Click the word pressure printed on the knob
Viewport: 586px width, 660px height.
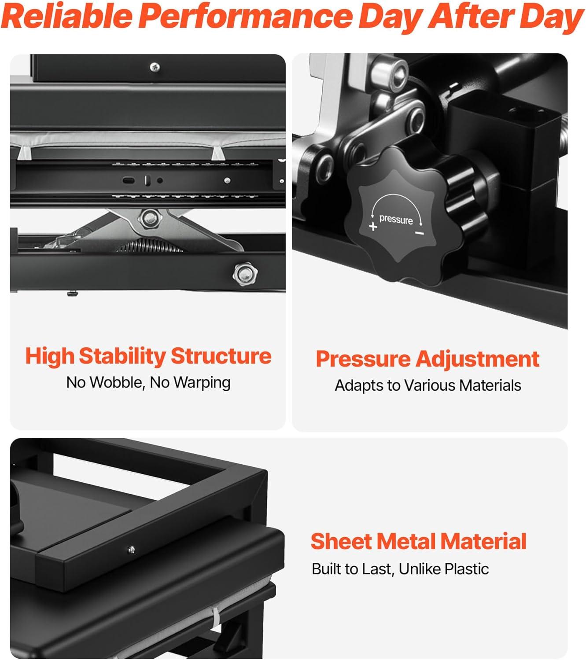(x=396, y=220)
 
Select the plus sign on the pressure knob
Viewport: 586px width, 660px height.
(x=373, y=226)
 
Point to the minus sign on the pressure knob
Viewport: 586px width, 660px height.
(x=420, y=233)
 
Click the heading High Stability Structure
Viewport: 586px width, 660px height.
(x=148, y=356)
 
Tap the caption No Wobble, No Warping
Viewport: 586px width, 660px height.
(x=148, y=382)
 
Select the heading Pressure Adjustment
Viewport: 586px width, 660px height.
(x=427, y=359)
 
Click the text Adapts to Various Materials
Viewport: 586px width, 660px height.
(x=428, y=385)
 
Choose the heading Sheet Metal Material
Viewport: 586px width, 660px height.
(x=419, y=542)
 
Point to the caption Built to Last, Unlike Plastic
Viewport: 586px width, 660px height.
(x=400, y=569)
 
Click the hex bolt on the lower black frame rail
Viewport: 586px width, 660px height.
(x=245, y=274)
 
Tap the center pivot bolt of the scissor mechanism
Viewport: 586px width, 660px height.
(x=150, y=218)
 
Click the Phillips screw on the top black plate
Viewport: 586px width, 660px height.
(x=155, y=67)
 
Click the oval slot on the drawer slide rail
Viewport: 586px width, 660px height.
(x=129, y=180)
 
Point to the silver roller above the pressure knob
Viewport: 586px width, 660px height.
(x=390, y=75)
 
